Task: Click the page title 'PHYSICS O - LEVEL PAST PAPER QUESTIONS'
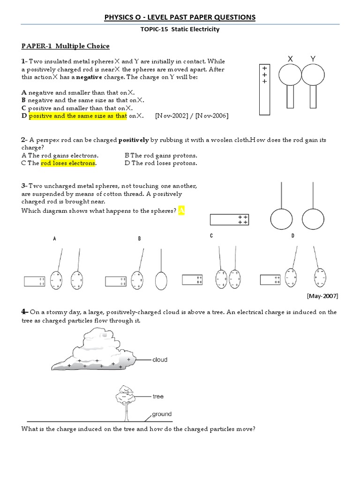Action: pyautogui.click(x=180, y=17)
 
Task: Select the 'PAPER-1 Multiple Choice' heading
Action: pyautogui.click(x=65, y=46)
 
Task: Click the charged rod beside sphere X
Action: pyautogui.click(x=265, y=89)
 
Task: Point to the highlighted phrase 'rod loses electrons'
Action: pyautogui.click(x=68, y=163)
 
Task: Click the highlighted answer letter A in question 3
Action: pyautogui.click(x=181, y=211)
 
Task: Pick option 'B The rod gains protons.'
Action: pyautogui.click(x=161, y=156)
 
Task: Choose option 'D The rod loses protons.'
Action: pyautogui.click(x=161, y=163)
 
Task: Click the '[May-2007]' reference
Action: pyautogui.click(x=322, y=296)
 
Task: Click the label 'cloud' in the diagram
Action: pyautogui.click(x=160, y=360)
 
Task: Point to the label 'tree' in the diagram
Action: pyautogui.click(x=158, y=397)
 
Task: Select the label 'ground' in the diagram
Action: pyautogui.click(x=162, y=414)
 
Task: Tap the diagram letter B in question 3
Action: pyautogui.click(x=139, y=239)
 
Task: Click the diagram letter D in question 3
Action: pyautogui.click(x=292, y=236)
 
